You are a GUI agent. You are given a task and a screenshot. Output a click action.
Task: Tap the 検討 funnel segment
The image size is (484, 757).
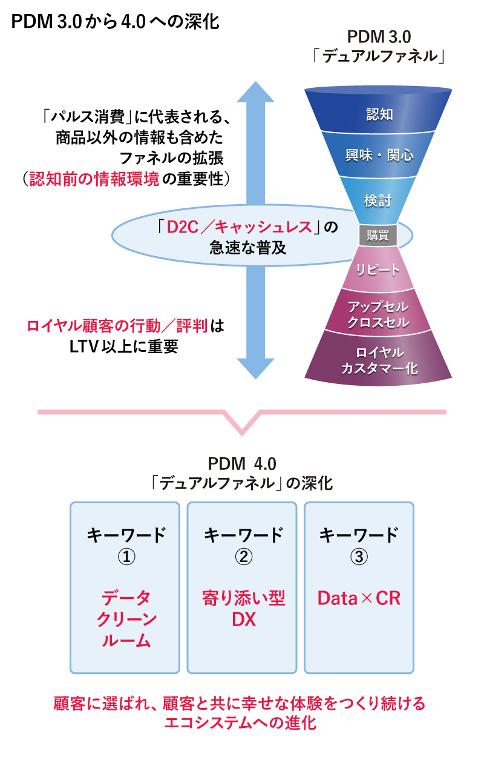click(378, 200)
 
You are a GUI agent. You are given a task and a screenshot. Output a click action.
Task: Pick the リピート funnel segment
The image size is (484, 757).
click(379, 269)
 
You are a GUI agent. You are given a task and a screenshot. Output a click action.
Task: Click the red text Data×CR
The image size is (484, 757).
click(359, 599)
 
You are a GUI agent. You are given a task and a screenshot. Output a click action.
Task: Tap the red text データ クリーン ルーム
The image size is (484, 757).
click(125, 620)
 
